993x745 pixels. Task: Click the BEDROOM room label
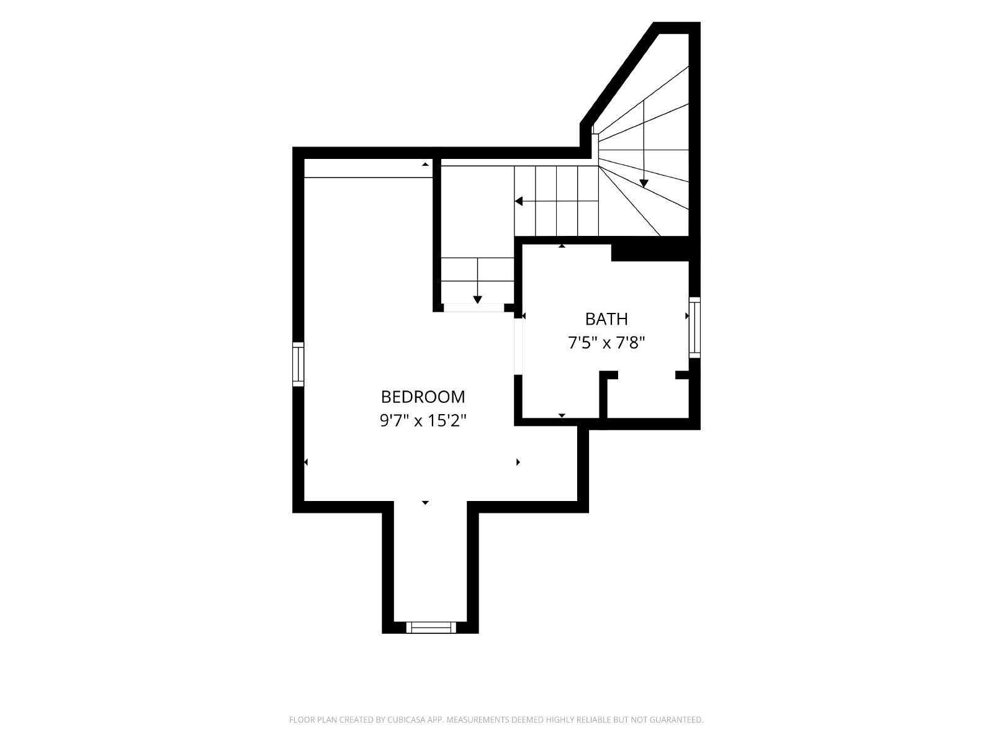[423, 397]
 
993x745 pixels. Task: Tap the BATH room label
[606, 319]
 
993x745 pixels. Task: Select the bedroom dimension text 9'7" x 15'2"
[423, 421]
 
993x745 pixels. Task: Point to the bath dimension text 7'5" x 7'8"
[606, 343]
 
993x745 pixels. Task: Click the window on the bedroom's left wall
[298, 364]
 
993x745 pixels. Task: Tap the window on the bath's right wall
[694, 328]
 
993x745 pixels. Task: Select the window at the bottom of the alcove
[431, 628]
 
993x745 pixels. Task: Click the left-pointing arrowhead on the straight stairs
[518, 201]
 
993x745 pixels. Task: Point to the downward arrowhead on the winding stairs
[644, 184]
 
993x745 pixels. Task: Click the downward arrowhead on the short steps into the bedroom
[477, 299]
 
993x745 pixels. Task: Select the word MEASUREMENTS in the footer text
[478, 719]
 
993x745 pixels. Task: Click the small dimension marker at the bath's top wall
[562, 246]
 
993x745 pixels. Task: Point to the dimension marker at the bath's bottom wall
[562, 415]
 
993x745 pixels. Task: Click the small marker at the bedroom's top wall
[425, 164]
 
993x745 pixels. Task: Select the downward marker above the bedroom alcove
[425, 502]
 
